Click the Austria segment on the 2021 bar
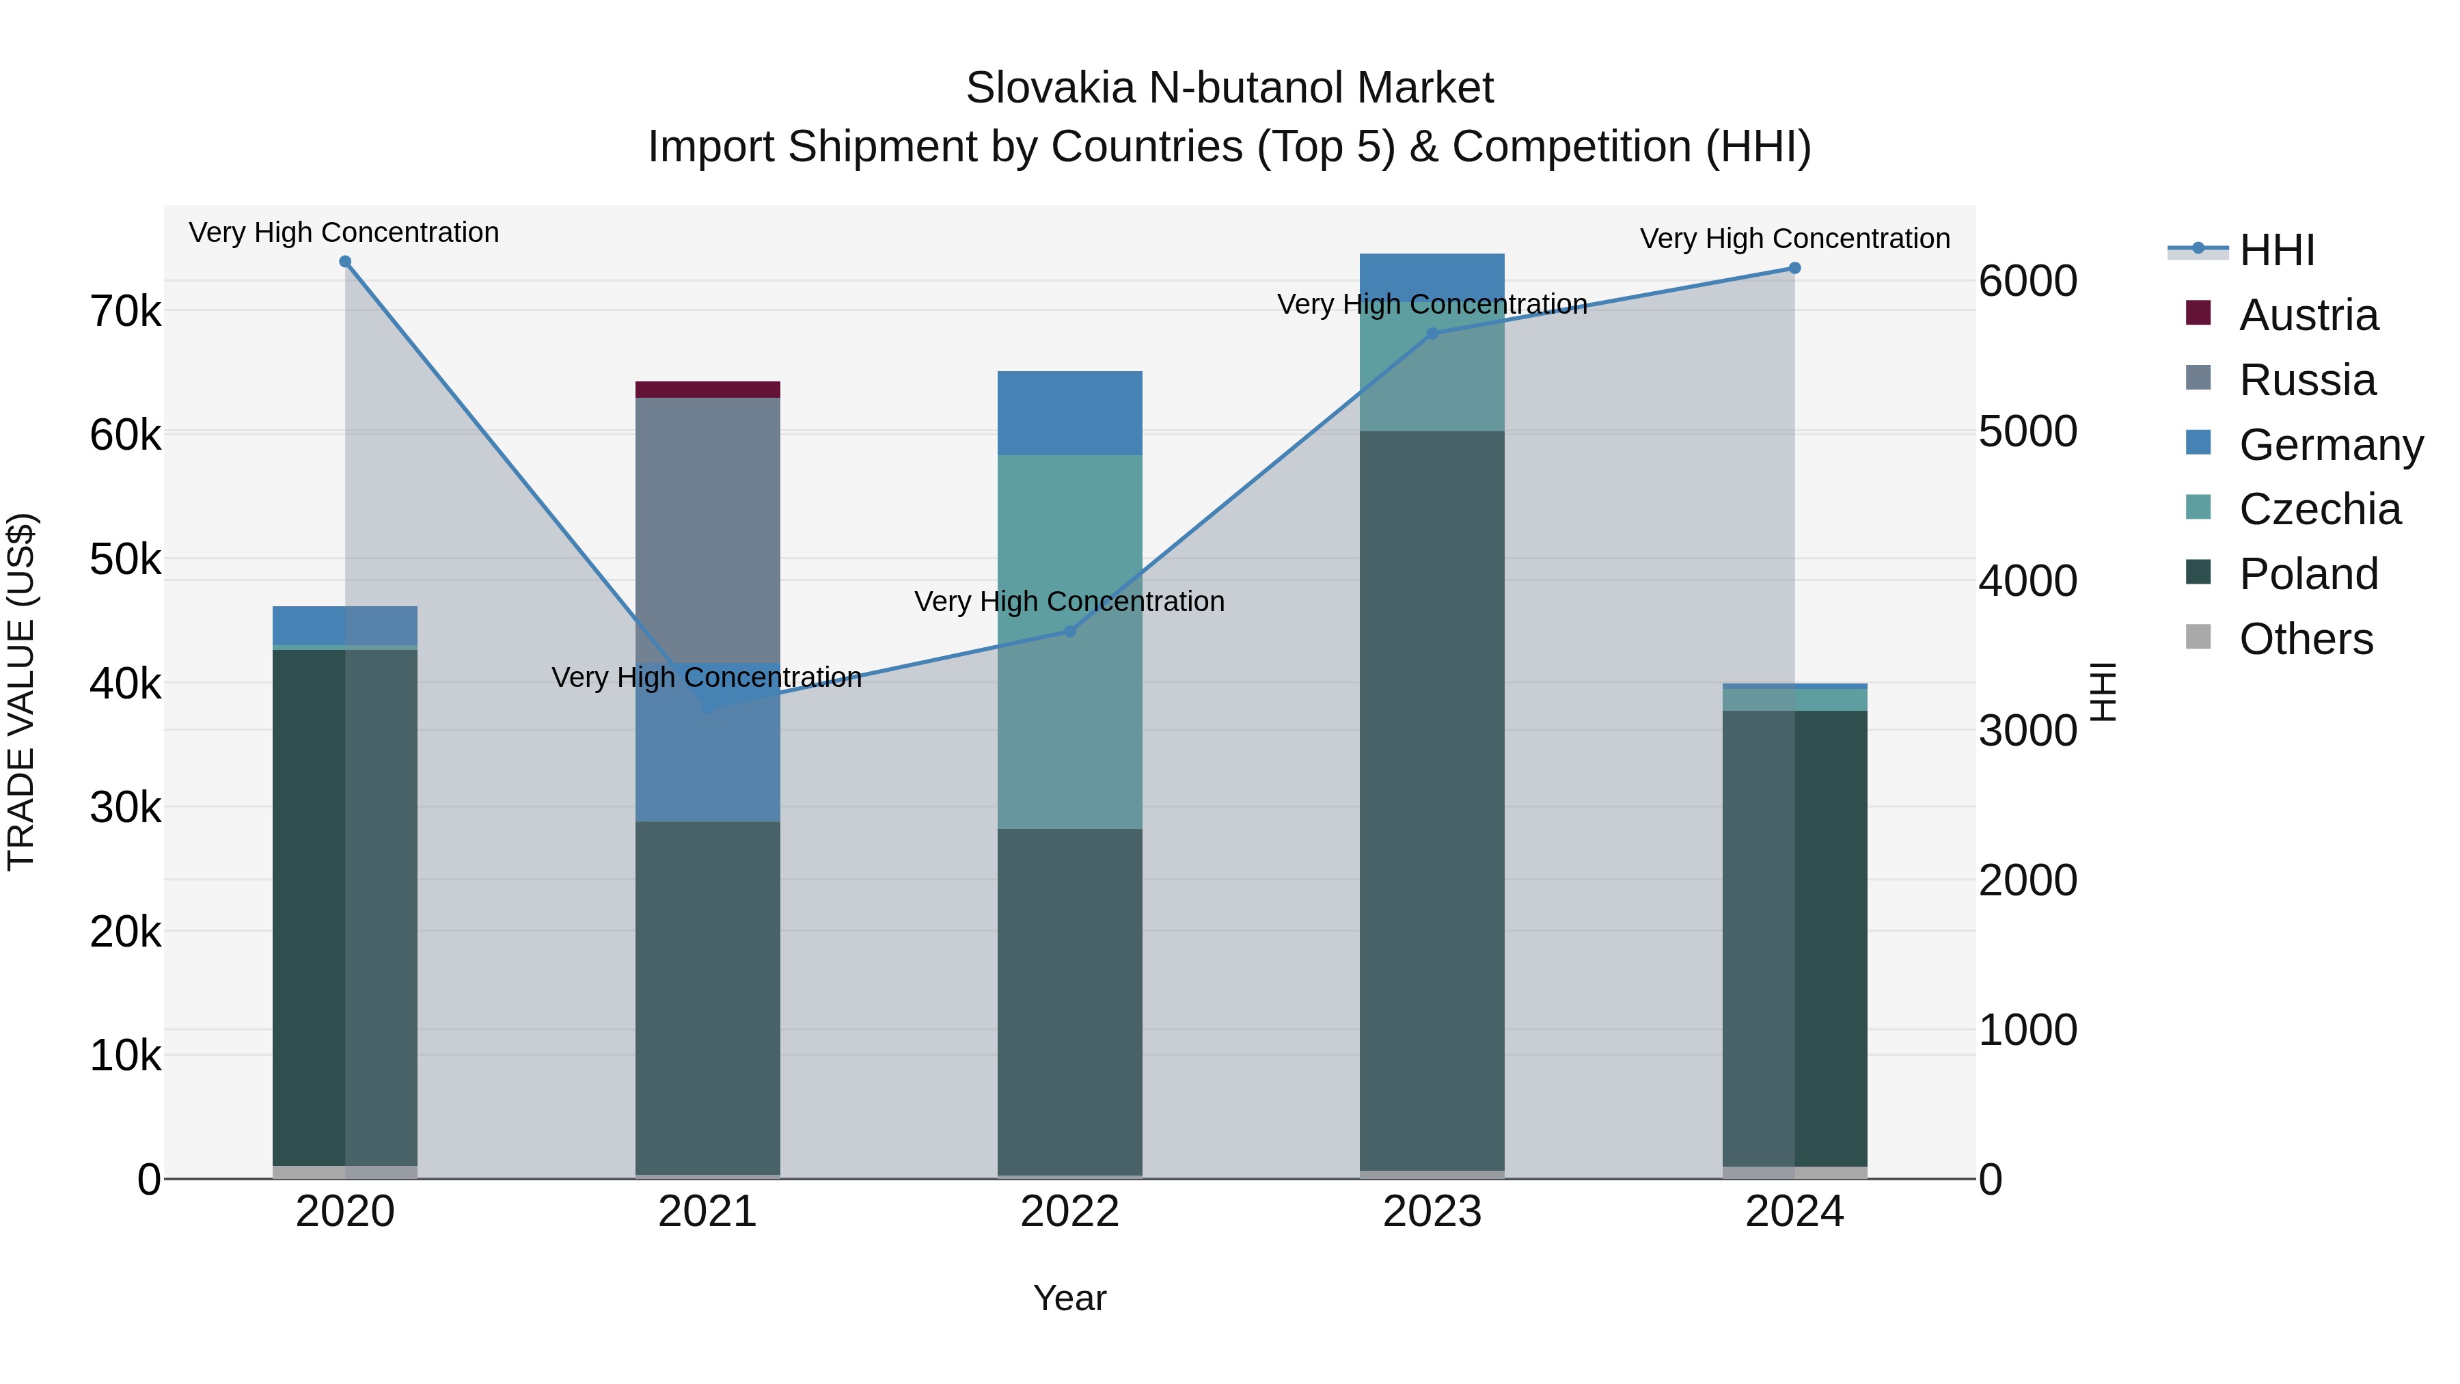[x=708, y=390]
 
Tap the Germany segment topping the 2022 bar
[x=1069, y=413]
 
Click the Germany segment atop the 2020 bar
[x=345, y=625]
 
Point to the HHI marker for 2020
[x=345, y=262]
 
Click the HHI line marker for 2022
[x=1069, y=632]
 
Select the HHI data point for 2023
[x=1432, y=334]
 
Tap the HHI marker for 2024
[x=1794, y=269]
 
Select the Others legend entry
[x=2306, y=639]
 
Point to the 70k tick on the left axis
[x=126, y=312]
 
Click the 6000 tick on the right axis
[x=2027, y=281]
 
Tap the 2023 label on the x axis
[x=1432, y=1212]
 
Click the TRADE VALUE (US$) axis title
[x=21, y=692]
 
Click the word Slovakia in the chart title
[x=1050, y=88]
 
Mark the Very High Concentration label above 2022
[x=1069, y=601]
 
